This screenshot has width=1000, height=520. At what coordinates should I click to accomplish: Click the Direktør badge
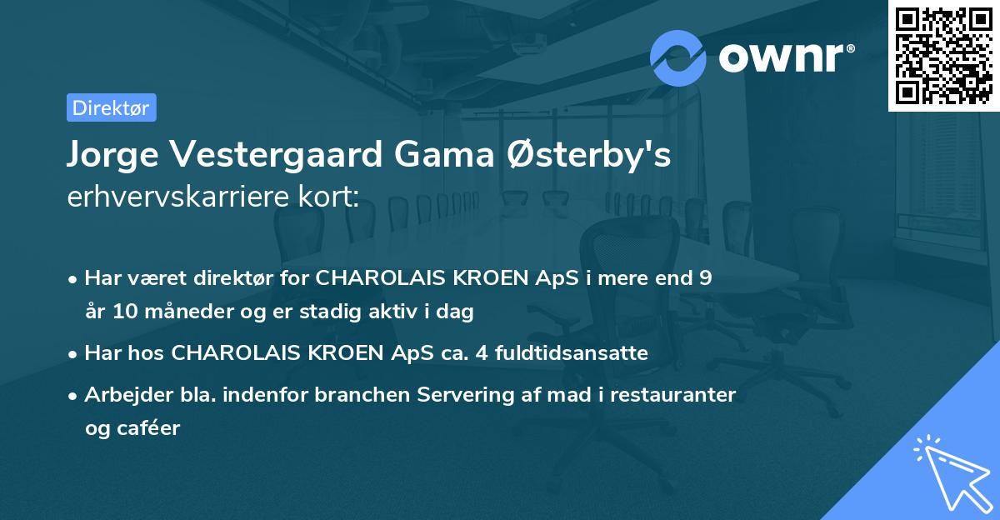tap(111, 107)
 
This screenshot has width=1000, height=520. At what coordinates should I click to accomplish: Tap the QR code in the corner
tap(944, 55)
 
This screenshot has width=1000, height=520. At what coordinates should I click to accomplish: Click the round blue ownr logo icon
tap(678, 58)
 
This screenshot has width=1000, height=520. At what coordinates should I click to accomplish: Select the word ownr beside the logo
tap(784, 58)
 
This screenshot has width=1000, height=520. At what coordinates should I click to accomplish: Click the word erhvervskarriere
tap(172, 197)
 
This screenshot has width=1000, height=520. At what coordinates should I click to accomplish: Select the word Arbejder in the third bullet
tap(122, 395)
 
